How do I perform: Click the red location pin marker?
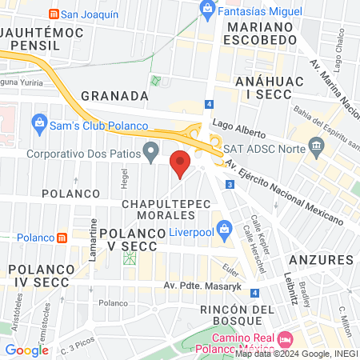(x=181, y=164)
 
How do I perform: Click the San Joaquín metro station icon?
(x=53, y=14)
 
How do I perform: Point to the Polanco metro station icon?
(x=62, y=238)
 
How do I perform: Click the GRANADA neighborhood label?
(x=115, y=95)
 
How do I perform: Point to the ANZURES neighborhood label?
(x=321, y=260)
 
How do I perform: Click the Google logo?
(x=26, y=350)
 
